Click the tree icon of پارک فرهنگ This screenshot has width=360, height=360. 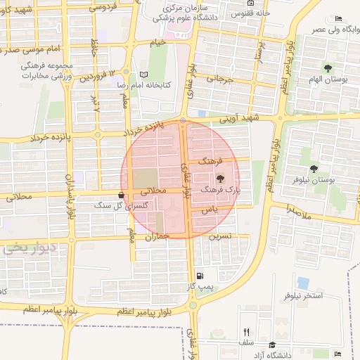coord(220,179)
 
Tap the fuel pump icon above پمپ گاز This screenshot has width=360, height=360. coord(202,276)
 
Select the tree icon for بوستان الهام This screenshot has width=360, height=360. coord(328,67)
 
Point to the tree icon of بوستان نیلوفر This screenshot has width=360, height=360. coord(313,168)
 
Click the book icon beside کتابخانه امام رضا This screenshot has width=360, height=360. coord(144,74)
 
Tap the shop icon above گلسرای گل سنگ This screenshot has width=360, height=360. coord(123,195)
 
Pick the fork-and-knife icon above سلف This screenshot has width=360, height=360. coord(246,332)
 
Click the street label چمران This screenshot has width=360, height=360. coord(158,238)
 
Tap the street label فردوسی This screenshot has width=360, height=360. coord(102,7)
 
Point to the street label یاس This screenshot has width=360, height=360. coord(205,210)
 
